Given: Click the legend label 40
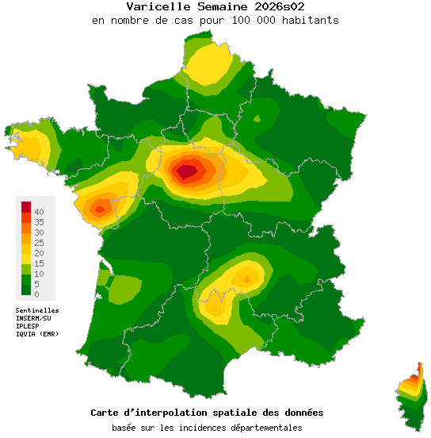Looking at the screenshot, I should (x=39, y=212).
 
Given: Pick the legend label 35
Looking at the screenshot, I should (x=39, y=222).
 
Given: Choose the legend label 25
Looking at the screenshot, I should (x=39, y=243).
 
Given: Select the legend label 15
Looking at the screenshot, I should (x=39, y=263).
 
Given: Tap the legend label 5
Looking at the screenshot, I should (x=36, y=284).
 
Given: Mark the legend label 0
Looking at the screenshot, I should (x=36, y=294).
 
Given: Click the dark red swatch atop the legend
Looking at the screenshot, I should (x=25, y=206).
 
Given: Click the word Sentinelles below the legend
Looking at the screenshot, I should (x=37, y=310).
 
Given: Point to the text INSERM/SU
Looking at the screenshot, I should (x=33, y=318).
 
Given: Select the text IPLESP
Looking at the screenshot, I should (x=27, y=326).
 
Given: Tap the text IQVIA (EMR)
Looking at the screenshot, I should (x=37, y=334).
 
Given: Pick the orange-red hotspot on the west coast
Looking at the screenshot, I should (x=100, y=209).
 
